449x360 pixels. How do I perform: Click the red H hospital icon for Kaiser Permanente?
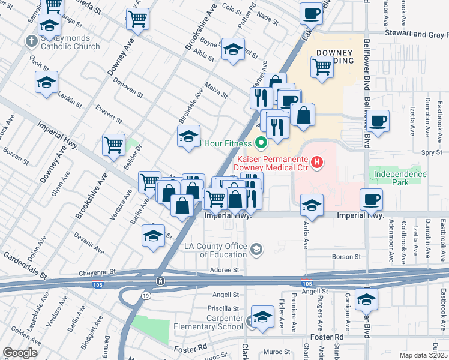(x=316, y=161)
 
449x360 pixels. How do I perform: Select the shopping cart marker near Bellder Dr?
(x=113, y=143)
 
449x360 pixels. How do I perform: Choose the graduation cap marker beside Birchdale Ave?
(x=188, y=136)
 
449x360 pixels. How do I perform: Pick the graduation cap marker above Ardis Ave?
(x=312, y=205)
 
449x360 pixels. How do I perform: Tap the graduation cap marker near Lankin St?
(x=46, y=83)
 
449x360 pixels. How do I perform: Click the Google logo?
(x=20, y=352)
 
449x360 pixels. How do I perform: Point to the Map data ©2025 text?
(x=423, y=355)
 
